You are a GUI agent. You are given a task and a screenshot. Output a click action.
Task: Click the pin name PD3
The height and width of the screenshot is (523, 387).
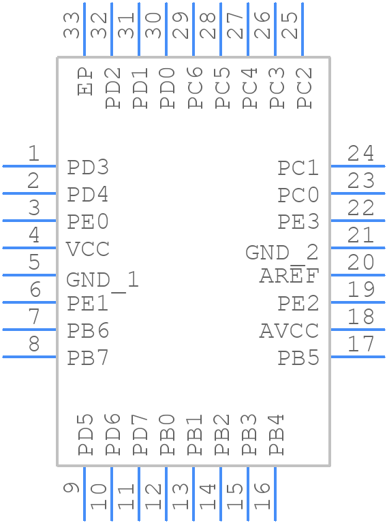coord(88,168)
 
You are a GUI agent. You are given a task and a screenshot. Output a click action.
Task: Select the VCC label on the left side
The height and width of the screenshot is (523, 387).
coord(88,249)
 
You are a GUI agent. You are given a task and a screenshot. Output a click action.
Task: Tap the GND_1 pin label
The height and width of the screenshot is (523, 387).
coord(102,280)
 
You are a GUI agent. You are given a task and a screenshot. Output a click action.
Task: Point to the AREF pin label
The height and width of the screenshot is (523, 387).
coord(289,276)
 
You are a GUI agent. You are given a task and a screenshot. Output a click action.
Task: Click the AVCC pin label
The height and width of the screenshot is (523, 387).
coord(289,331)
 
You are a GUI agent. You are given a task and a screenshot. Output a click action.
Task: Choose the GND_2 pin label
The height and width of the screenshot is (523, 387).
coord(281,253)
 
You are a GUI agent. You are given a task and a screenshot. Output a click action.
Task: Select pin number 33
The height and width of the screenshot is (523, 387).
coord(72,25)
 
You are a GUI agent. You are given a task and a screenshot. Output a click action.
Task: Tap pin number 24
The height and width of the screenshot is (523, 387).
coord(360,154)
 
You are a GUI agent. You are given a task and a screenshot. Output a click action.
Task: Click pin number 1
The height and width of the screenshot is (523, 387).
coord(33,154)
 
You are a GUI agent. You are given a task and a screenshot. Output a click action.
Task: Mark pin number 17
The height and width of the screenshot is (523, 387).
coord(360,345)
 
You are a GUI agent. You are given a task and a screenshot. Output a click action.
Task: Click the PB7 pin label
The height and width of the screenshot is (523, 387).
coord(88,358)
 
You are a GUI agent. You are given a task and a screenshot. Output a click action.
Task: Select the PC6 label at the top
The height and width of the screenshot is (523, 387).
coord(195,88)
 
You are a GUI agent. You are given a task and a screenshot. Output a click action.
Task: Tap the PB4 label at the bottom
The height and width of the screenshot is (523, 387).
coord(276,435)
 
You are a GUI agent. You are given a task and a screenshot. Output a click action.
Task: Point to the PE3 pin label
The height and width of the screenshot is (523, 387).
coord(298,222)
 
